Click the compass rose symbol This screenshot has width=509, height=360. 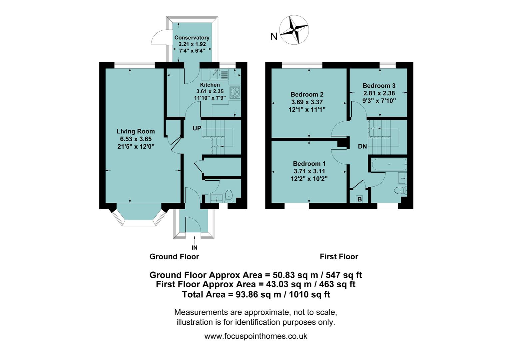(294, 30)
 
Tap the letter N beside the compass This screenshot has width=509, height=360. (274, 37)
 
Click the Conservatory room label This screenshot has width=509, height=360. (192, 38)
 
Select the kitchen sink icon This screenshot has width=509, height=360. (219, 74)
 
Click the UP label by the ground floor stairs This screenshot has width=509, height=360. (197, 128)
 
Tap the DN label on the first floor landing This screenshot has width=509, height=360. (362, 146)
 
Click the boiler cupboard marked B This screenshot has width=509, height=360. (359, 199)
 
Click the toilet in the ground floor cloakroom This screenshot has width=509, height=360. (229, 196)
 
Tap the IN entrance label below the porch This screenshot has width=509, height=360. (195, 248)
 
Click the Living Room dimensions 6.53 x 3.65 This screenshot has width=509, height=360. (136, 139)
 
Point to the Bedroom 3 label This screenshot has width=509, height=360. (379, 86)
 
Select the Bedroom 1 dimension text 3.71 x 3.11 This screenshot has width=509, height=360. (309, 171)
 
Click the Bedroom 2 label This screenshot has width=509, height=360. (307, 95)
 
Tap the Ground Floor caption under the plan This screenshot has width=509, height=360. (174, 256)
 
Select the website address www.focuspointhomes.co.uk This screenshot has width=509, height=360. (255, 336)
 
